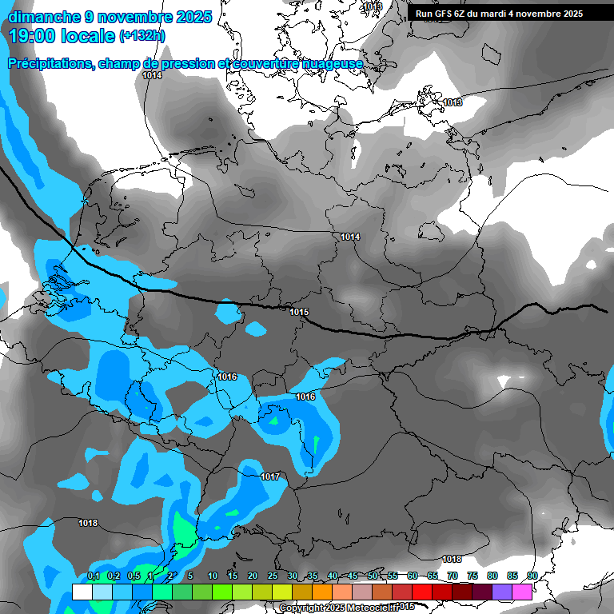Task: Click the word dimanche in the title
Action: (x=44, y=17)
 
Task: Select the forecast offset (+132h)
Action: (x=142, y=36)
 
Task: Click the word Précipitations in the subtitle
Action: (x=50, y=64)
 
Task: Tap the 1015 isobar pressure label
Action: (x=299, y=312)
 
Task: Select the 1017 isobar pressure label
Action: (x=270, y=476)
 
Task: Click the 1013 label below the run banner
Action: (x=453, y=102)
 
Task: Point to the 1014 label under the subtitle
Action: (x=152, y=75)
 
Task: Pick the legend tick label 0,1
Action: (x=93, y=576)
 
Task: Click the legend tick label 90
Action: (x=532, y=576)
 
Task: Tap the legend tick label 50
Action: (x=373, y=576)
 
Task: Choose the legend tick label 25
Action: (x=273, y=576)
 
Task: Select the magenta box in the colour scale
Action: (x=523, y=592)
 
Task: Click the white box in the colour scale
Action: (x=82, y=592)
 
